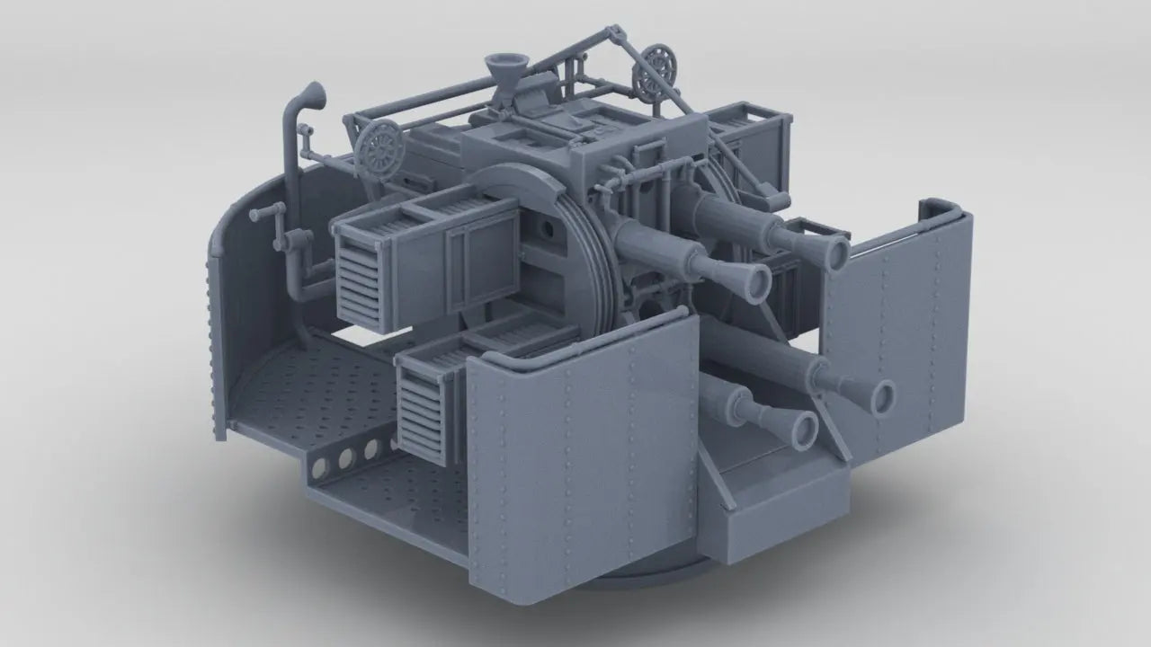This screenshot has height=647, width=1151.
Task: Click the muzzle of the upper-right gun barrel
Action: (x=834, y=252)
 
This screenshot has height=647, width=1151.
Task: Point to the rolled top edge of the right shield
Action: (x=940, y=208)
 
